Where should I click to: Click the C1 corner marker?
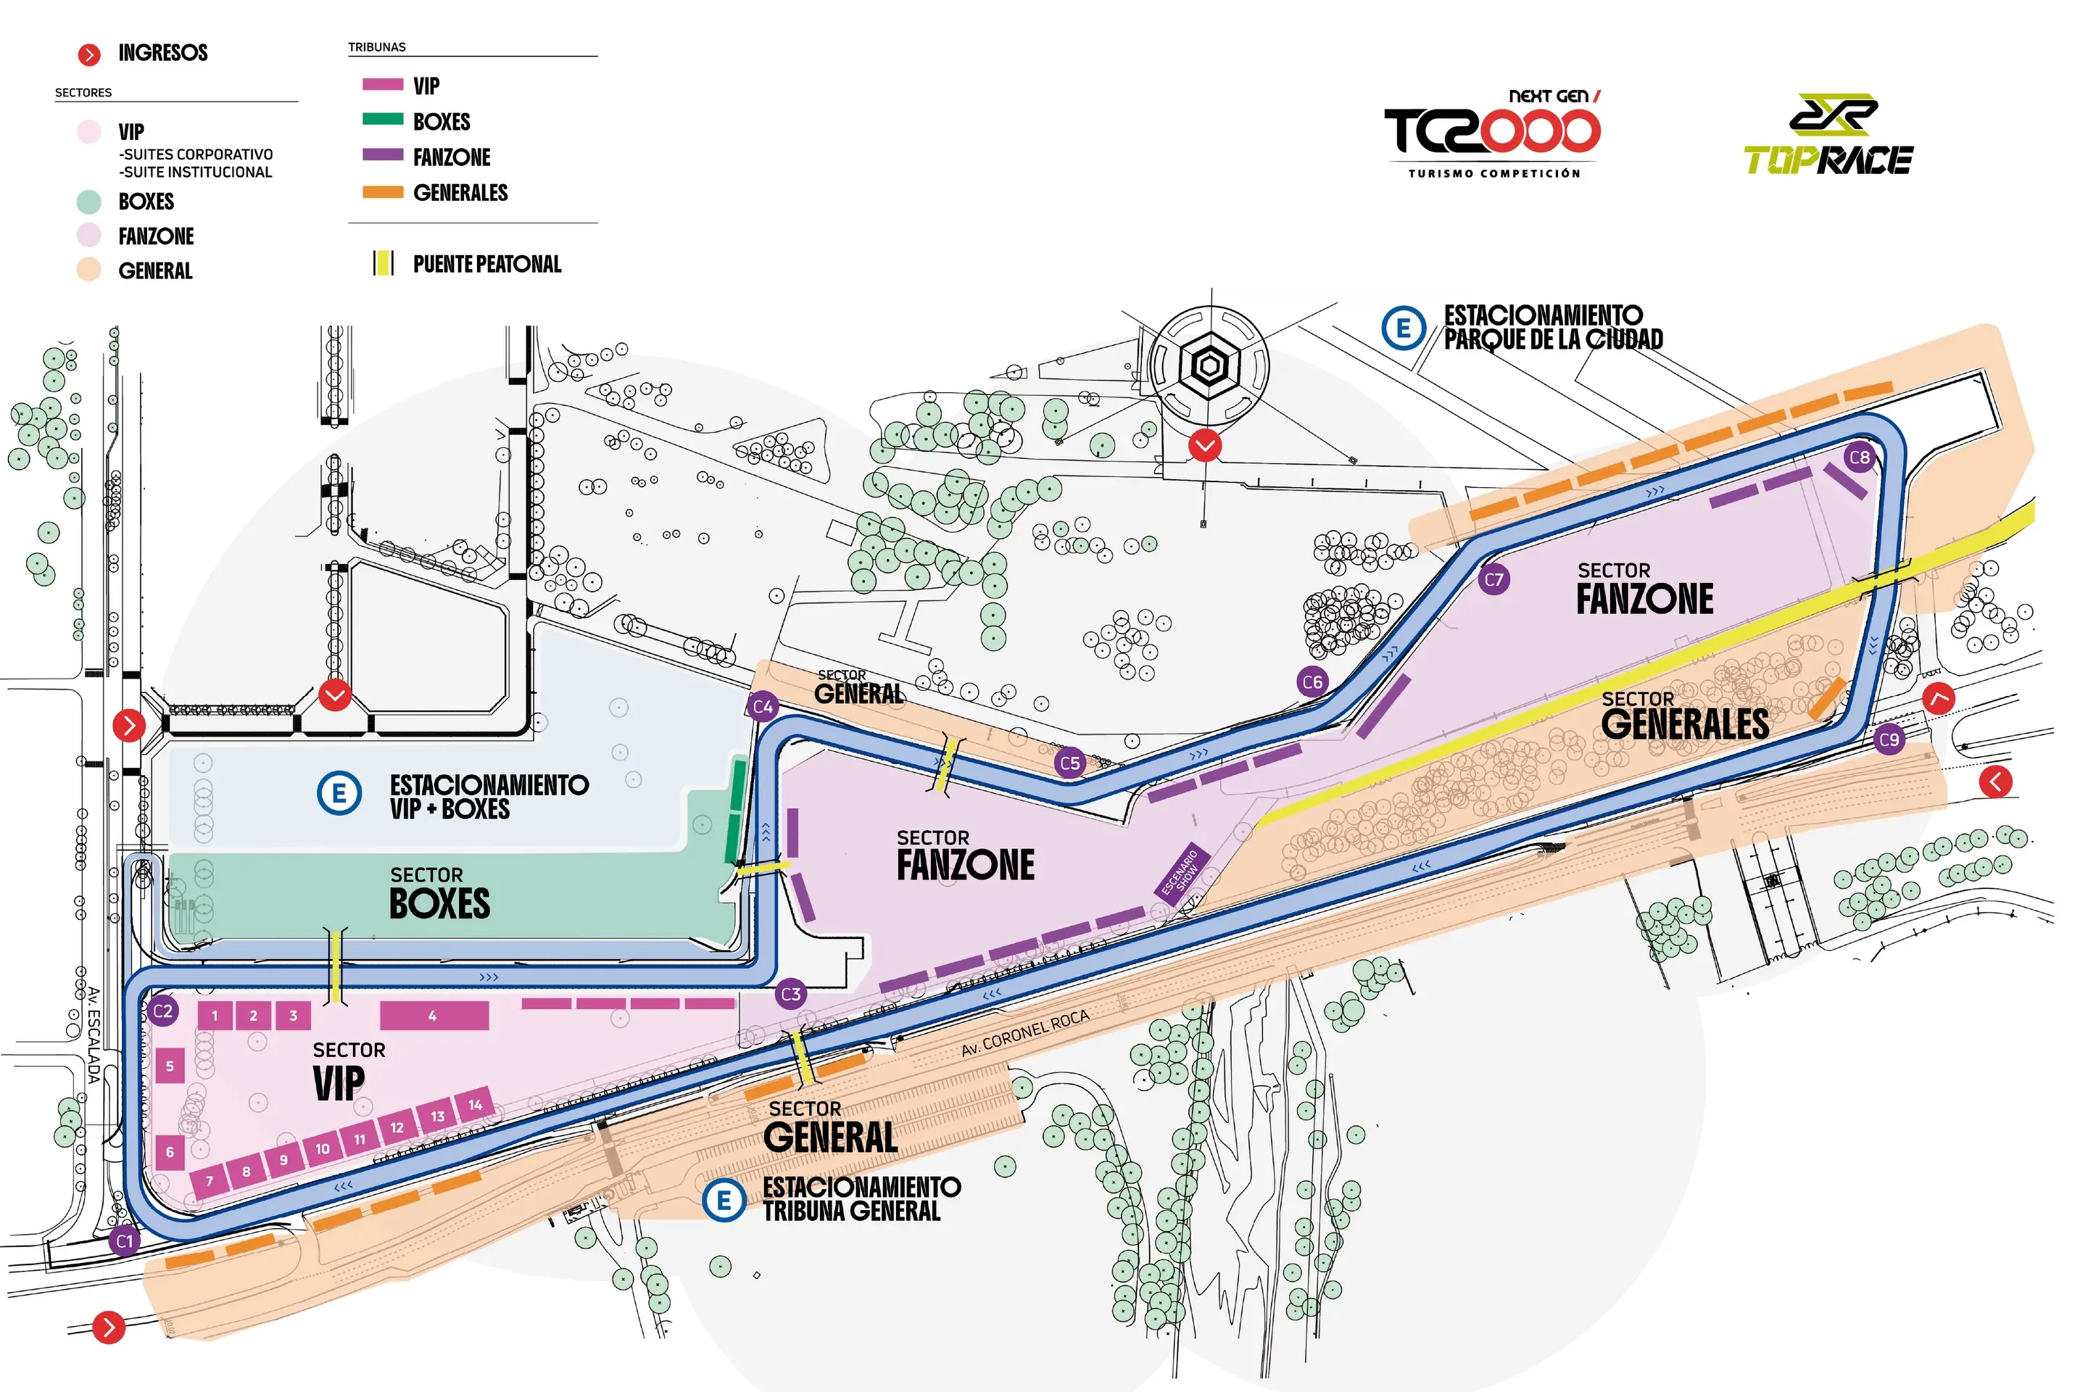[x=125, y=1241]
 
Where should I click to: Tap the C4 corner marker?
[x=763, y=707]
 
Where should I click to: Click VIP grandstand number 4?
[x=434, y=1016]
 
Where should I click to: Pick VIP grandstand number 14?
[x=475, y=1104]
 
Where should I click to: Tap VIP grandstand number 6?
[x=170, y=1152]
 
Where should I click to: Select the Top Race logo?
[x=1828, y=134]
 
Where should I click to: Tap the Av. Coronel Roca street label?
[x=1024, y=1033]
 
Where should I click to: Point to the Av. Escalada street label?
[x=94, y=1035]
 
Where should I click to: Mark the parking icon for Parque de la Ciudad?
[x=1404, y=328]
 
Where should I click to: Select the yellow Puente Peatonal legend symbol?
[x=384, y=262]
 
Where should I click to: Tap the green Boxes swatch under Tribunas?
[x=383, y=119]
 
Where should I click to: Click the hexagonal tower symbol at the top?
[x=1209, y=365]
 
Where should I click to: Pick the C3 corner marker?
[x=791, y=993]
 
